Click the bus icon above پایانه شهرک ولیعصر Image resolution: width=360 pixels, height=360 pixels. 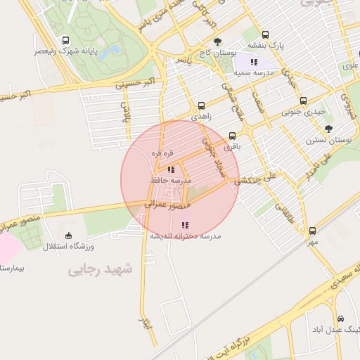pos(66,40)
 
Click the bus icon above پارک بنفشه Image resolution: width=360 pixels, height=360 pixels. pos(265,34)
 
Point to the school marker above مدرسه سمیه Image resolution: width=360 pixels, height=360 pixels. pos(254,63)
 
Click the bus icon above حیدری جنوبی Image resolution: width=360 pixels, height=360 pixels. pos(303,101)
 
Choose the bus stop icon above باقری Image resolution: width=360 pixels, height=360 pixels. pos(233,136)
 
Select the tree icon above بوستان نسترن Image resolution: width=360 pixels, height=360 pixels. pos(328,129)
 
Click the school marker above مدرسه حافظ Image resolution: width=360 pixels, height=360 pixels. pos(171,169)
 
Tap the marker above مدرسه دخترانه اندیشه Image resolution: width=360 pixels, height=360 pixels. pos(185,225)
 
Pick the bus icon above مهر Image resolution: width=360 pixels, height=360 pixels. pos(312,231)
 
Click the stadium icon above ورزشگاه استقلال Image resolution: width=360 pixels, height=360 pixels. pos(68,236)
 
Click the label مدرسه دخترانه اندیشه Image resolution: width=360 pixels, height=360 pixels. pos(184,236)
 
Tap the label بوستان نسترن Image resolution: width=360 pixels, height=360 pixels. pos(328,140)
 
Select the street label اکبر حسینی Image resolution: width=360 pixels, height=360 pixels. pos(134,84)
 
